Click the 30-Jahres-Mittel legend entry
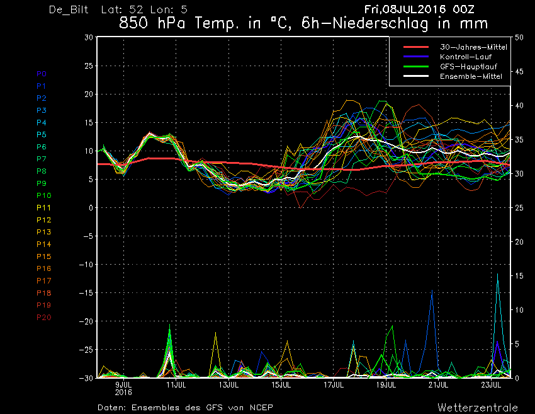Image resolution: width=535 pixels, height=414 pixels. [473, 47]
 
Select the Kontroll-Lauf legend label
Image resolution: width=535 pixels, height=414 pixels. [465, 57]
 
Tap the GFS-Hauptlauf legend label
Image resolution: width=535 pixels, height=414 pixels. [468, 67]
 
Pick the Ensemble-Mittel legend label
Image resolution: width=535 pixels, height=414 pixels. [471, 76]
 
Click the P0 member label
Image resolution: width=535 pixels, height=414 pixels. [42, 74]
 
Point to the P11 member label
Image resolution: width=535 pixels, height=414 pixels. [43, 208]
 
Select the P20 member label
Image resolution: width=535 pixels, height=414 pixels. [43, 318]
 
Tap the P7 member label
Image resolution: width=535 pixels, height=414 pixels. [42, 159]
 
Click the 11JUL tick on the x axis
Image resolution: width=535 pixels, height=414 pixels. [176, 385]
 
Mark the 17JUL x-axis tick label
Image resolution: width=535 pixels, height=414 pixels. [334, 385]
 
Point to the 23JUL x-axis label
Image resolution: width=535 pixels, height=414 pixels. [491, 385]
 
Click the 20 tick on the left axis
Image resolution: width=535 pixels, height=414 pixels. [88, 94]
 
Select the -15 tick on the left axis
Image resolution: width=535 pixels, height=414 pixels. [86, 293]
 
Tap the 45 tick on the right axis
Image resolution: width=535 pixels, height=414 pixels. [519, 71]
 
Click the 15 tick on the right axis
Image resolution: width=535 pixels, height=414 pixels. [519, 275]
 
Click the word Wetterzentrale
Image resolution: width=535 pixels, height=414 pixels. [478, 408]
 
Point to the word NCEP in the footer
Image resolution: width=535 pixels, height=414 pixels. [261, 408]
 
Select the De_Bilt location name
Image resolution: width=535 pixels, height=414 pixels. [69, 9]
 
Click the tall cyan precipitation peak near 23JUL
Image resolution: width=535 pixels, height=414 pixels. [497, 274]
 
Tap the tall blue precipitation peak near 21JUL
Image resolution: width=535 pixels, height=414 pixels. [432, 290]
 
